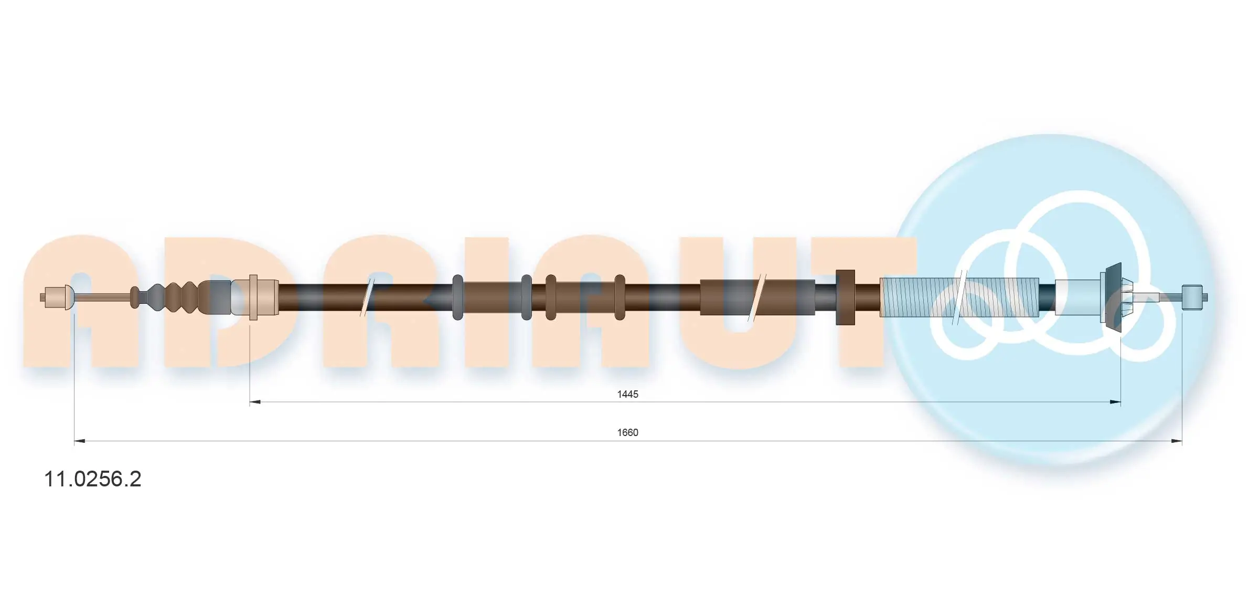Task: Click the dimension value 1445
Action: tap(627, 394)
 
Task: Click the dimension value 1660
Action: tap(627, 432)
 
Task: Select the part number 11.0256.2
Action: tap(93, 479)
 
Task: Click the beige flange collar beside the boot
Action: tap(254, 297)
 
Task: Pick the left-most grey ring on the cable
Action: tap(457, 297)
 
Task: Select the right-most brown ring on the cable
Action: tap(620, 297)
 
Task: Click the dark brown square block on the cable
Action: tap(845, 297)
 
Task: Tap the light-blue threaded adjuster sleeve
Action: tap(918, 297)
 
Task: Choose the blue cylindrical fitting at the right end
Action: tap(1192, 297)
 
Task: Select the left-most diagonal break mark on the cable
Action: tap(367, 297)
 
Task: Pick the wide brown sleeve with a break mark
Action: tap(757, 297)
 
